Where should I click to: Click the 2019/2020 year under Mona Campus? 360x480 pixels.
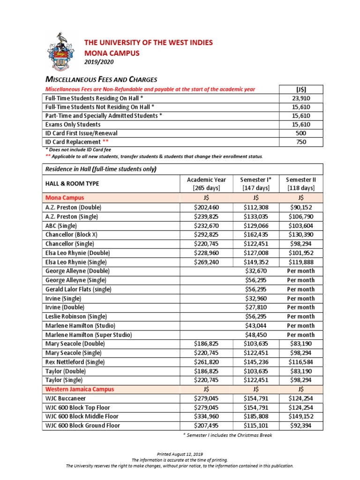point(98,62)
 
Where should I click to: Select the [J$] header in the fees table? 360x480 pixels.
point(301,90)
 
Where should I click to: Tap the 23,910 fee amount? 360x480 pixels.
point(301,98)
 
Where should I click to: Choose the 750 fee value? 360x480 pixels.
point(301,142)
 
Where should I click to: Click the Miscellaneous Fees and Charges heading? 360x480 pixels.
point(101,79)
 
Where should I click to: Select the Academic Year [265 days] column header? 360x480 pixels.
point(206,184)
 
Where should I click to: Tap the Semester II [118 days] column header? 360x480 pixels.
point(301,184)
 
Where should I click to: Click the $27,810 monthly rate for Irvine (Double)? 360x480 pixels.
point(256,307)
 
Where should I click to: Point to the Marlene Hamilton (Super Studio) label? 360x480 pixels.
point(89,335)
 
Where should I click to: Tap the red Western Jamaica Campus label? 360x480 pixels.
point(80,390)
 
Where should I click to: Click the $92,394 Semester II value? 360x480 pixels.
point(301,426)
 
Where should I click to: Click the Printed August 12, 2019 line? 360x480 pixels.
point(180,455)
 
